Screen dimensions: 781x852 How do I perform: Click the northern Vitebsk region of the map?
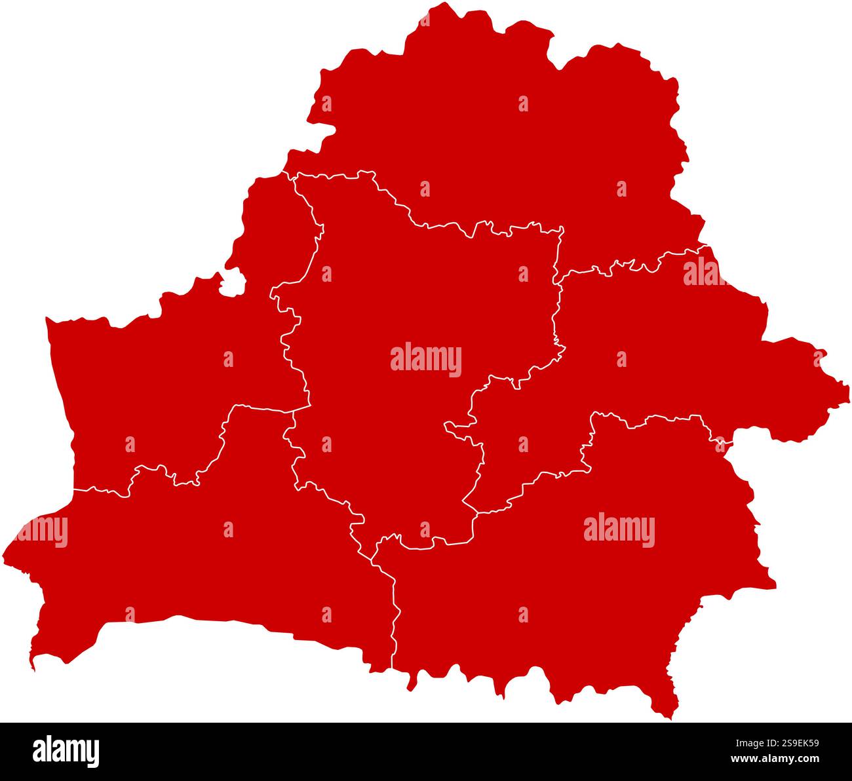pos(498,131)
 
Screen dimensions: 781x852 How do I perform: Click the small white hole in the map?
pos(233,283)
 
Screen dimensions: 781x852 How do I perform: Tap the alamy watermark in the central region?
pos(426,360)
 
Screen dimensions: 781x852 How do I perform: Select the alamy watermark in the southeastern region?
pos(619,530)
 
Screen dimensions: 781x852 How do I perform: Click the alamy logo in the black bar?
pos(66,751)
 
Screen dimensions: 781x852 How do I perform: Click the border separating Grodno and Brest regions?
pos(216,452)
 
